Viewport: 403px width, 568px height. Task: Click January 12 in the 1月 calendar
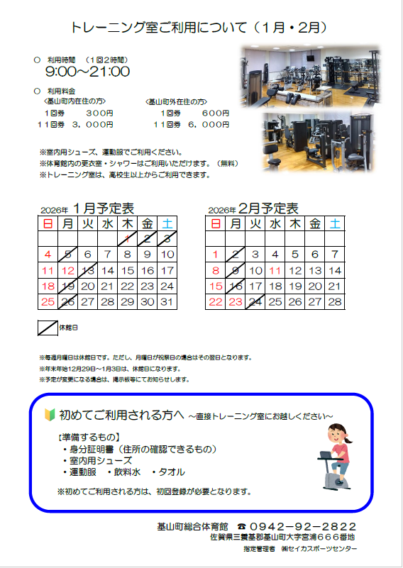(68, 271)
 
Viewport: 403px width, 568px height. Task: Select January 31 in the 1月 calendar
(167, 302)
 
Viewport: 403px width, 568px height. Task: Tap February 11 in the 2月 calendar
(275, 271)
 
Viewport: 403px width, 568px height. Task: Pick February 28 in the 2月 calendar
(334, 302)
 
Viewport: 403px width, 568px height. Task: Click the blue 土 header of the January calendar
(167, 223)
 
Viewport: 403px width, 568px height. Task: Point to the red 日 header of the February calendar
(216, 223)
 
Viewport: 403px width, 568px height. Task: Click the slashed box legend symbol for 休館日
(48, 328)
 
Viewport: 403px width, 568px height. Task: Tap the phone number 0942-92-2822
(303, 526)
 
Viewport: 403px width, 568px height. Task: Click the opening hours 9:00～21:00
(88, 72)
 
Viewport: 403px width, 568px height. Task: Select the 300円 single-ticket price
(99, 113)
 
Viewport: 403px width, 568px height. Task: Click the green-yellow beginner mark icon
(50, 415)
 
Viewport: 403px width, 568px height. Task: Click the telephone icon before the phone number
(242, 526)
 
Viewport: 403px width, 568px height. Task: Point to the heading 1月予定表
(104, 208)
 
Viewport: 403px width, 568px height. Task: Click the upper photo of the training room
(311, 77)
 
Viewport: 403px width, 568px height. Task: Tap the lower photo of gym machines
(318, 142)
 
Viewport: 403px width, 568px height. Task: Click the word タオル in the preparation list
(172, 472)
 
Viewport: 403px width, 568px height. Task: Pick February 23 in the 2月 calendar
(236, 302)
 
